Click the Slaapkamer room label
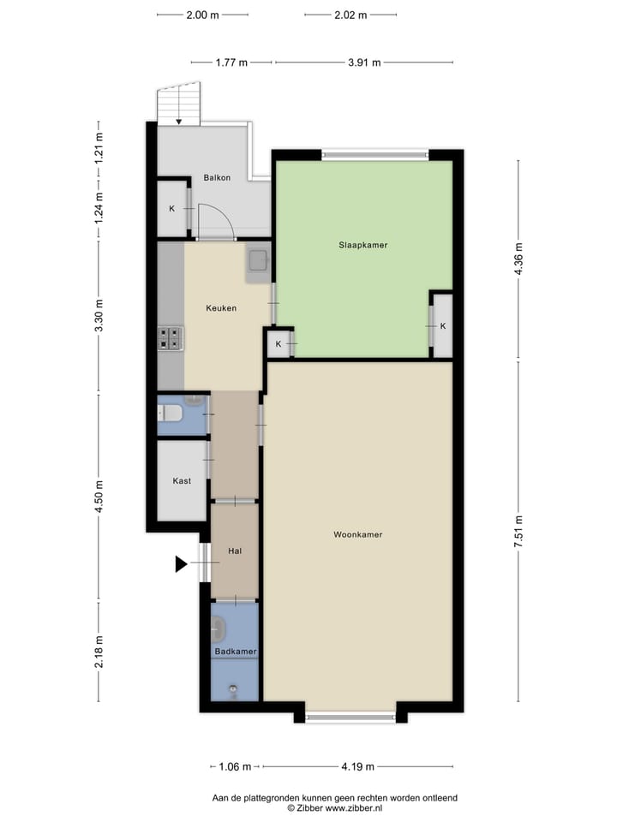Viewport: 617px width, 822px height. coord(362,245)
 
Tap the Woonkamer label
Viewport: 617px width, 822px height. coord(357,535)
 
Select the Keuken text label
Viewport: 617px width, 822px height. coord(221,308)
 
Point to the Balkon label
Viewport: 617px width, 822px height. coord(217,178)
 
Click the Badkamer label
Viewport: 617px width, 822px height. coord(235,652)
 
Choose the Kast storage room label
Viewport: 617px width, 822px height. coord(182,481)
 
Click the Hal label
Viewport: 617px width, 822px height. coord(234,551)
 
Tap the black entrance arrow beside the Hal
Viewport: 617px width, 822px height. coord(181,563)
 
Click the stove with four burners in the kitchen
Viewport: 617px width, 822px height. coord(170,338)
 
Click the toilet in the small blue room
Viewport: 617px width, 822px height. coord(171,414)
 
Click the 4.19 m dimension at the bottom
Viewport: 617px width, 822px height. coord(358,766)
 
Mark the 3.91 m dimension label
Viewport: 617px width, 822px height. coord(364,63)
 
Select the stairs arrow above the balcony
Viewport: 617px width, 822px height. coord(178,121)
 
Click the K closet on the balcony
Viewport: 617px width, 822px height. coord(171,209)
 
